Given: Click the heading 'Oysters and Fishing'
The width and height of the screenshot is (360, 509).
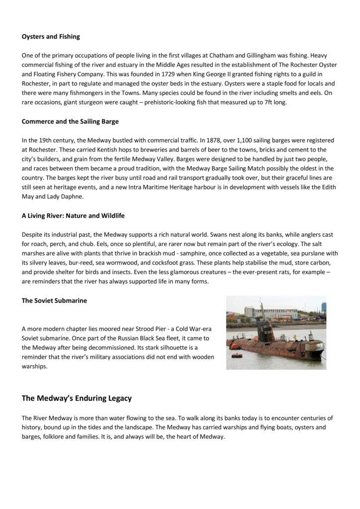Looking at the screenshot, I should click(x=51, y=36).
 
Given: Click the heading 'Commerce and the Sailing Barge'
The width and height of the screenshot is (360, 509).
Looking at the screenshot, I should click(x=70, y=122).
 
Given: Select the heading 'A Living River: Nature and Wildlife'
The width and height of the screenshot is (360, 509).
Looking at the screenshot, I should click(x=73, y=216).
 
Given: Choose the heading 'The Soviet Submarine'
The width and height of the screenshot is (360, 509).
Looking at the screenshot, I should click(x=54, y=301).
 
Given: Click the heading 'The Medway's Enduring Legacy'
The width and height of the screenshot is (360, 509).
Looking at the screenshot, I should click(x=77, y=398).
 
